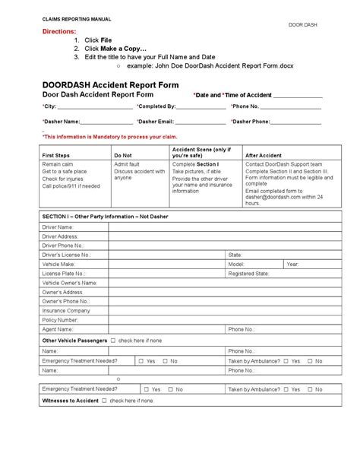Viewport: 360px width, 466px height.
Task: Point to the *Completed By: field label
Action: (x=156, y=107)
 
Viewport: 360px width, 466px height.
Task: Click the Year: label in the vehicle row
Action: (x=293, y=263)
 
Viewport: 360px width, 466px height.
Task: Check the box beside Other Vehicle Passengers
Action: (x=113, y=341)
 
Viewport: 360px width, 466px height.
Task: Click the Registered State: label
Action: (x=249, y=272)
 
